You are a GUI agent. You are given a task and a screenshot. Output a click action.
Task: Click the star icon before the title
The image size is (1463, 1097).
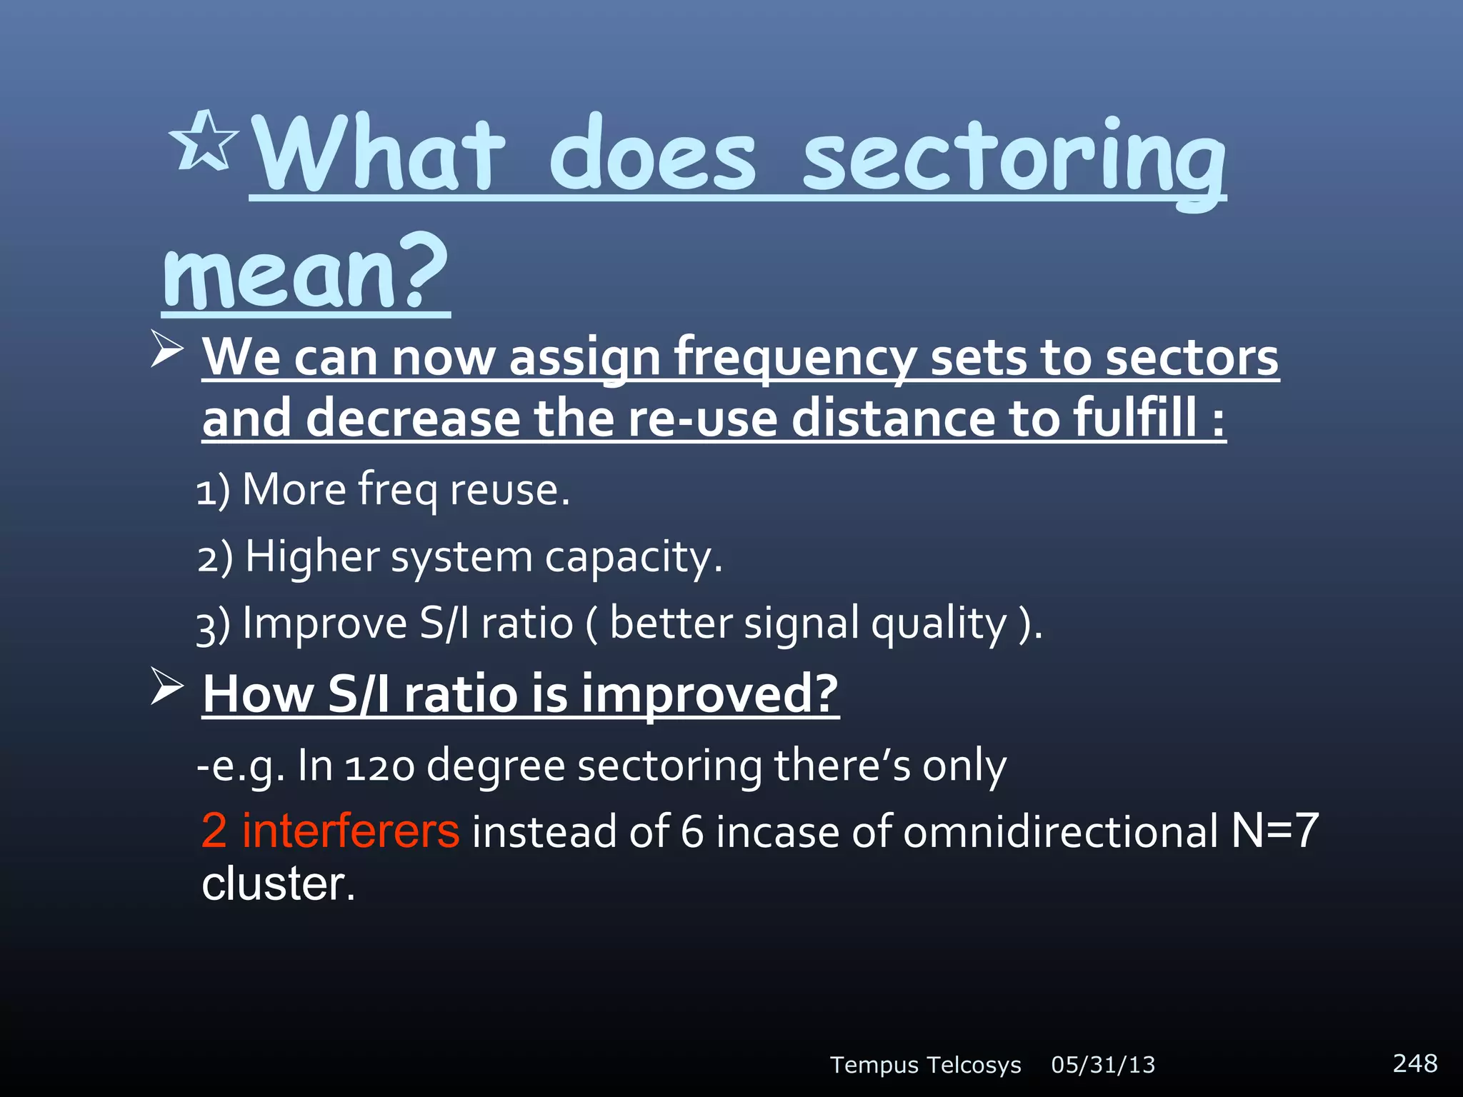pyautogui.click(x=204, y=141)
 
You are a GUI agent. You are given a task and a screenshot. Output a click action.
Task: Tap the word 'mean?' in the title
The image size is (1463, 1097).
pyautogui.click(x=305, y=275)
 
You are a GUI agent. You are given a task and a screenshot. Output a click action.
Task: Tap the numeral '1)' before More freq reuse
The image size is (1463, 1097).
pyautogui.click(x=213, y=491)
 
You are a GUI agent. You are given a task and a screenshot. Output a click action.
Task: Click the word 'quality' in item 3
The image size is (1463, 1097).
pyautogui.click(x=939, y=623)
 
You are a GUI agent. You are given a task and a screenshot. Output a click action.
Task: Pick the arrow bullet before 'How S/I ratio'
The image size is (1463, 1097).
pyautogui.click(x=167, y=687)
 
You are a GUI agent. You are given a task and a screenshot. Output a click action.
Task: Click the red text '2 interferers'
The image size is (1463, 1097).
pyautogui.click(x=330, y=831)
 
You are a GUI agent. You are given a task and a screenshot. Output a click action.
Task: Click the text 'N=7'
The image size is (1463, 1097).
pyautogui.click(x=1274, y=831)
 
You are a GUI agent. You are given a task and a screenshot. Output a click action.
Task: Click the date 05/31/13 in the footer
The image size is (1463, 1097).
pyautogui.click(x=1103, y=1065)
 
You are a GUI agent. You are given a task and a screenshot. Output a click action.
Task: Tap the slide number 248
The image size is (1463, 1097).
pyautogui.click(x=1414, y=1063)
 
